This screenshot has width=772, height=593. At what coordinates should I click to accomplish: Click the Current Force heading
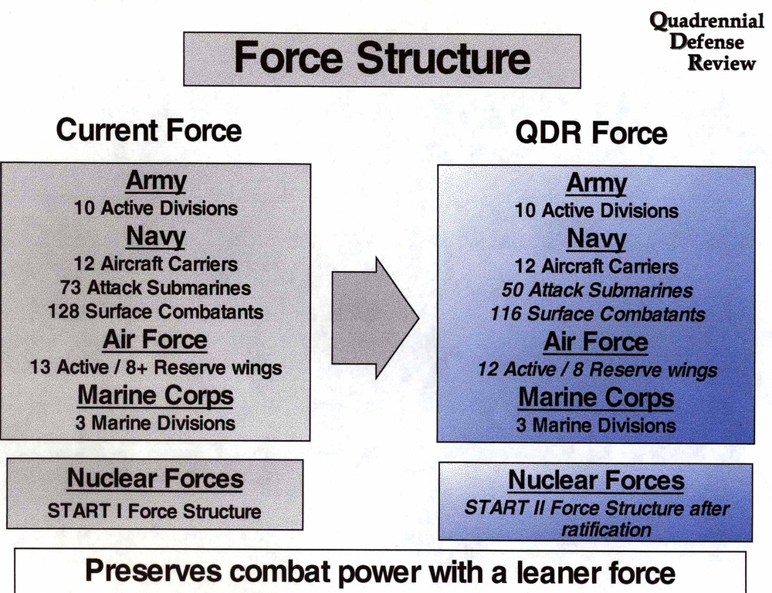pyautogui.click(x=148, y=130)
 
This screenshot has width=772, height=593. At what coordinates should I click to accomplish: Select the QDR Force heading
pyautogui.click(x=591, y=133)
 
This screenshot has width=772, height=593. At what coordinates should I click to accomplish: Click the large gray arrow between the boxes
pyautogui.click(x=374, y=317)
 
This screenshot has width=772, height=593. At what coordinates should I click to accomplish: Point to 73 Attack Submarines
pyautogui.click(x=155, y=287)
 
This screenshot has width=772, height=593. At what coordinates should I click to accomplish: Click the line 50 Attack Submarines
pyautogui.click(x=596, y=290)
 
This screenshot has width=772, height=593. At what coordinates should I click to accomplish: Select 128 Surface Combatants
pyautogui.click(x=155, y=312)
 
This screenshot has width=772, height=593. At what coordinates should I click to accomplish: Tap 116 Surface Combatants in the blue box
pyautogui.click(x=597, y=314)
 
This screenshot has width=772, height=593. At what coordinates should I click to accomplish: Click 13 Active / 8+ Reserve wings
pyautogui.click(x=155, y=367)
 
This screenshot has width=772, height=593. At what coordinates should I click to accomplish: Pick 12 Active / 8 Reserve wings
pyautogui.click(x=597, y=370)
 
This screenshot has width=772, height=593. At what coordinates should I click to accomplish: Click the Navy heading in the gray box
pyautogui.click(x=155, y=236)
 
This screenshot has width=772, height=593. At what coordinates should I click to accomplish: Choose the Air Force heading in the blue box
pyautogui.click(x=596, y=341)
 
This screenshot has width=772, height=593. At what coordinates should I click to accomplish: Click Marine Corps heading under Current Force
pyautogui.click(x=155, y=395)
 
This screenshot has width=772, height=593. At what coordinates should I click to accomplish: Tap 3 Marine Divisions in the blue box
pyautogui.click(x=596, y=425)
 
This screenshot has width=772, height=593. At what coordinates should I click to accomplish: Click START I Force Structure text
pyautogui.click(x=154, y=511)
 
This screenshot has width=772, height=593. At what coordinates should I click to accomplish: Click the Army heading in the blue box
pyautogui.click(x=596, y=184)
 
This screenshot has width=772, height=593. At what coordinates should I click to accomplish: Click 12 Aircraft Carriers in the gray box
pyautogui.click(x=155, y=263)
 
